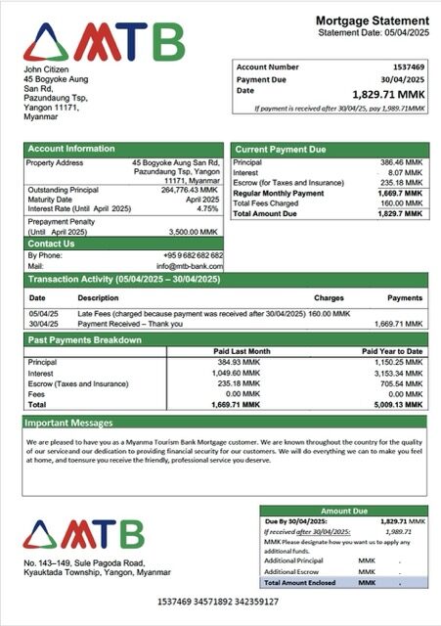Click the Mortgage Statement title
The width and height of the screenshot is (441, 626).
(x=372, y=21)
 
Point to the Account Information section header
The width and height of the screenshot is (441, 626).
(x=70, y=150)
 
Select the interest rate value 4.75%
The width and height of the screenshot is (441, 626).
(x=207, y=208)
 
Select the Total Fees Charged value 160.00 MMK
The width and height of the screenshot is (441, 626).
(x=402, y=202)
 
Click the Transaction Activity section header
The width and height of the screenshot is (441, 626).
(x=124, y=280)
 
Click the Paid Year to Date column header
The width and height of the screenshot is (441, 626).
(x=392, y=351)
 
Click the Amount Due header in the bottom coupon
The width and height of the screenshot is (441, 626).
(x=343, y=511)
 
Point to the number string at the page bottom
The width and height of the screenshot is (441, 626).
(x=218, y=601)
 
